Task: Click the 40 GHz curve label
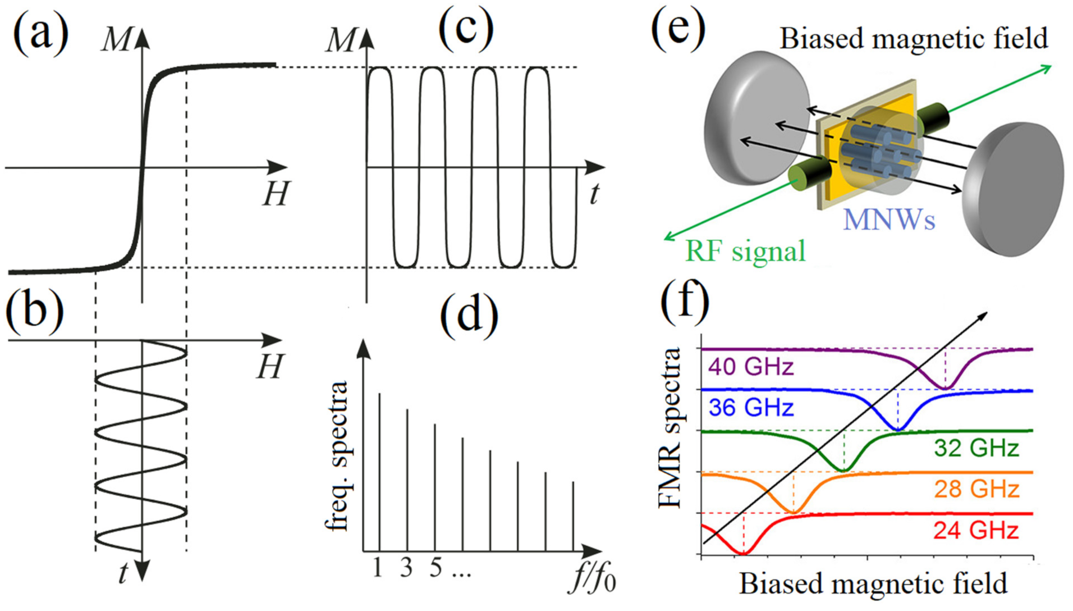click(x=751, y=367)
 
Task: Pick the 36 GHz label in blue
click(x=751, y=407)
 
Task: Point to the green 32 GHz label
click(x=976, y=448)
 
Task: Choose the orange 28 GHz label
click(x=976, y=489)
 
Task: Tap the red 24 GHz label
click(x=976, y=530)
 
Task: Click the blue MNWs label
click(x=889, y=220)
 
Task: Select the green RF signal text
click(x=745, y=251)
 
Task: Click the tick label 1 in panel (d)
click(x=378, y=568)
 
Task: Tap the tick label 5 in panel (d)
click(x=435, y=568)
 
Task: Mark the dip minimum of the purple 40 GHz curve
click(x=945, y=388)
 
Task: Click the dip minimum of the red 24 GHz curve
click(x=743, y=554)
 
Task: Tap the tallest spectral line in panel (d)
click(x=380, y=472)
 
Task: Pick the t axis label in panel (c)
click(x=594, y=194)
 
